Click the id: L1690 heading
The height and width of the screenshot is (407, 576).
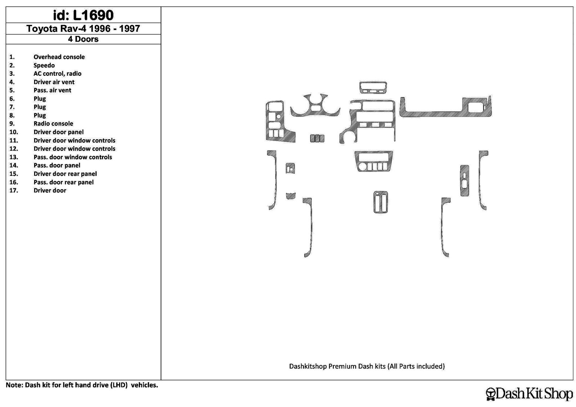pos(83,15)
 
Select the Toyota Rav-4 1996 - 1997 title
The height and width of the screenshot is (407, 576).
pos(83,28)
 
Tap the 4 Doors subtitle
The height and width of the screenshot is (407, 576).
pos(83,39)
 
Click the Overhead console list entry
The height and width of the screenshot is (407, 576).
pos(59,57)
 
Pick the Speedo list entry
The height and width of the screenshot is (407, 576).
pos(44,65)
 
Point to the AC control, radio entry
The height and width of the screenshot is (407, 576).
pos(57,74)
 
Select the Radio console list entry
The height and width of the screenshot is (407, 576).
pos(53,124)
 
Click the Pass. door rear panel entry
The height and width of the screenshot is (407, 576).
pos(63,182)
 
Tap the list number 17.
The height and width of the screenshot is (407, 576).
pos(14,191)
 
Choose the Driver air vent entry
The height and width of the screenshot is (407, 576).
pos(54,82)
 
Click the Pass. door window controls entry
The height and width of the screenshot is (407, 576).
pos(73,157)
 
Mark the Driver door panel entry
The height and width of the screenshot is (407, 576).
pos(59,132)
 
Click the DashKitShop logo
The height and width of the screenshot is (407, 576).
pos(529,394)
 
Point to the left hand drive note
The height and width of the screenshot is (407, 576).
pos(82,385)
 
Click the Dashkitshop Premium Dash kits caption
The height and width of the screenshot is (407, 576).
pos(367,366)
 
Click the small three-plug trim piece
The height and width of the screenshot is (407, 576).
pos(317,138)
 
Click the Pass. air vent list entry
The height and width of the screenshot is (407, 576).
pos(52,90)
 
